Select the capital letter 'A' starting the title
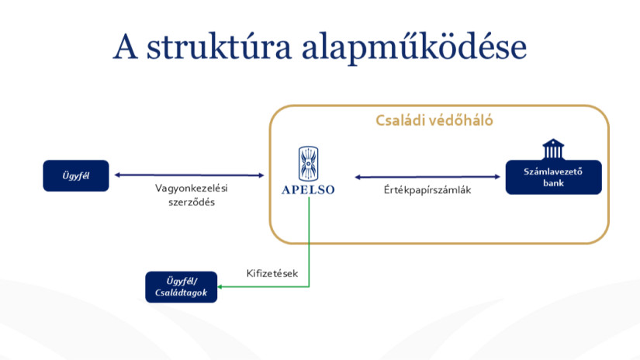[x=126, y=46]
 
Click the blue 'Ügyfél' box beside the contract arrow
[x=76, y=175]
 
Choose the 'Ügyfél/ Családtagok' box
[x=182, y=287]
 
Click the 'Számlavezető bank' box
[x=553, y=177]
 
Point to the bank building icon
[x=553, y=149]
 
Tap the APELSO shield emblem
[x=308, y=164]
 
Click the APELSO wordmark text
[x=308, y=190]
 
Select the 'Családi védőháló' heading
[x=434, y=120]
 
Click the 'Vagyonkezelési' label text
[x=192, y=189]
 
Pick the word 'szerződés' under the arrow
[x=192, y=202]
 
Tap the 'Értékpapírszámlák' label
[x=427, y=190]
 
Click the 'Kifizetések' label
[x=272, y=273]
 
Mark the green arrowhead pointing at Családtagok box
[x=220, y=287]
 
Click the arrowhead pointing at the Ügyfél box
[x=117, y=175]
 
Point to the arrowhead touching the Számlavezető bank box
[x=497, y=177]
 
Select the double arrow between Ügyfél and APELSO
[x=189, y=175]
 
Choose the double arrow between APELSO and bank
[x=427, y=177]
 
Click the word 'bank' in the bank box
[x=553, y=183]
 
